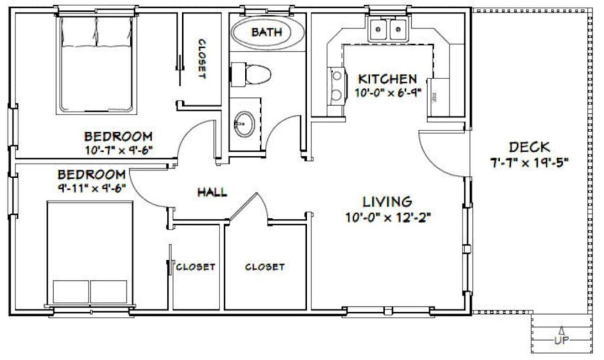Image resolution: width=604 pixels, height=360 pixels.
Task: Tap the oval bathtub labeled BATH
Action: coord(267,32)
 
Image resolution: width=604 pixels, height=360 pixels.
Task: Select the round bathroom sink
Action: coord(243,124)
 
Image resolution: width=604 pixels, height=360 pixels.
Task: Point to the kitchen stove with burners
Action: coord(337,86)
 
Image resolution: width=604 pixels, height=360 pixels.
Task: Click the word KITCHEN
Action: coord(388,78)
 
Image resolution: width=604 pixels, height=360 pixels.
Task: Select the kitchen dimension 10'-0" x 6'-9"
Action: coord(388,93)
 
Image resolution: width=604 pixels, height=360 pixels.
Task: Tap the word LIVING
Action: coord(387,202)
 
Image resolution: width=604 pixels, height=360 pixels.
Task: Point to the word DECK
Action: coord(529,147)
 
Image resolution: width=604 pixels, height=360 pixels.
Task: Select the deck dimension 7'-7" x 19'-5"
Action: coord(530,162)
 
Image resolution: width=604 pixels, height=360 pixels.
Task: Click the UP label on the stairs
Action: coord(561,341)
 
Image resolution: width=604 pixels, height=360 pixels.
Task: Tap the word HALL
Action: coord(212,192)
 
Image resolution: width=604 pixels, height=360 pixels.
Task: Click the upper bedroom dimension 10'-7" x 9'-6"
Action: coord(119,150)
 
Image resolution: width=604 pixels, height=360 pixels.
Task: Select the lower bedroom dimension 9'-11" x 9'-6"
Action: coord(91,189)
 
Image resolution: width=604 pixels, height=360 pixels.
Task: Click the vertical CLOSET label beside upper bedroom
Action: coord(201,59)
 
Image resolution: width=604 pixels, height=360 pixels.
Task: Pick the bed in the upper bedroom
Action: coord(96,65)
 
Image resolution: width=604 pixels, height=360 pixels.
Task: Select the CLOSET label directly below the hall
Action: coord(265,267)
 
